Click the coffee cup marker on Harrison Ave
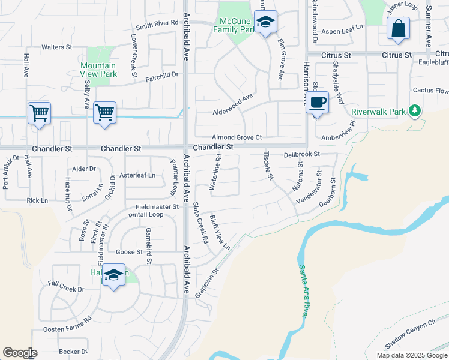(318, 101)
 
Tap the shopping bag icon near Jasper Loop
(398, 29)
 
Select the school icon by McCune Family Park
(265, 23)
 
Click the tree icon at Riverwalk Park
(414, 110)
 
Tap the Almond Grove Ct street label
(237, 137)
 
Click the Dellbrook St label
(302, 154)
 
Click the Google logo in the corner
(20, 353)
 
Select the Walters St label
(56, 47)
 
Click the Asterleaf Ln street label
(137, 175)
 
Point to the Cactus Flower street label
(430, 91)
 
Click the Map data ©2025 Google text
(411, 355)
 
